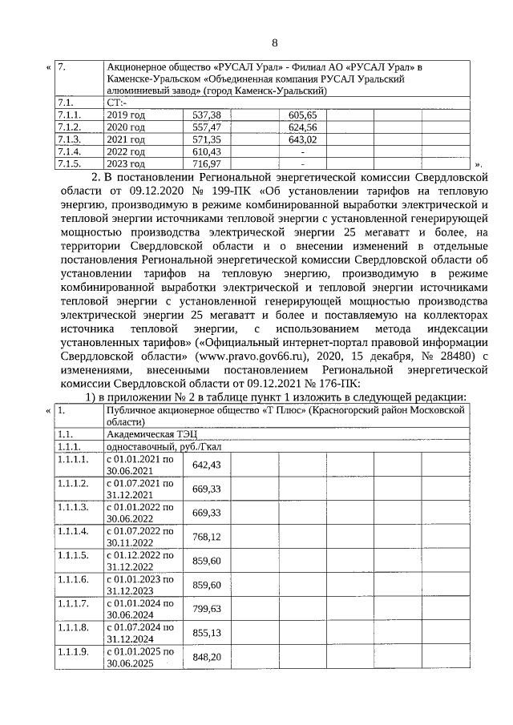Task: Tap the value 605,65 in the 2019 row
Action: point(302,115)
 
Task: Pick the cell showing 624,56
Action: point(302,127)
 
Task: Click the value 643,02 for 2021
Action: point(302,139)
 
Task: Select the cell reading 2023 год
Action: point(126,163)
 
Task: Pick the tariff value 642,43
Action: point(206,465)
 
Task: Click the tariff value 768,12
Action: point(206,537)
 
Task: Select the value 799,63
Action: point(206,609)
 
